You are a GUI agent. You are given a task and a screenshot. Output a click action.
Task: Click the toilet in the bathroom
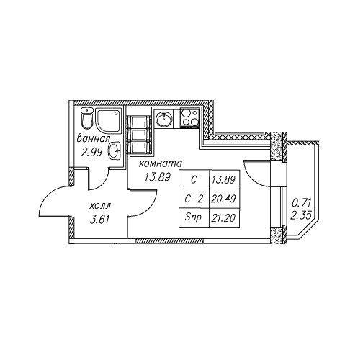click(86, 118)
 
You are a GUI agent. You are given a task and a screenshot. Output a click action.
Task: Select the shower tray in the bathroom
click(109, 120)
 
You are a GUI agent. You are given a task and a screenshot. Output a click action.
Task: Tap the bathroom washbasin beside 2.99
click(115, 150)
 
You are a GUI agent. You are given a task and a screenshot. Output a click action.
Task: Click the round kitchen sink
click(164, 118)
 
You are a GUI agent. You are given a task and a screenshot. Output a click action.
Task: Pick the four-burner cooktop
click(190, 117)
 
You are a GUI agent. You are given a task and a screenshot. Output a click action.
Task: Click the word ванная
click(94, 139)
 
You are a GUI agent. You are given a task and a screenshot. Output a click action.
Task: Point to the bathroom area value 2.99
click(91, 152)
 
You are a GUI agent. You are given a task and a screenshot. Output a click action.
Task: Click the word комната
click(161, 163)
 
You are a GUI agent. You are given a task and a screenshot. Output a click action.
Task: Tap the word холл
click(100, 206)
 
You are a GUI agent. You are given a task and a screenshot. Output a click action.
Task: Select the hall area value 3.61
click(99, 220)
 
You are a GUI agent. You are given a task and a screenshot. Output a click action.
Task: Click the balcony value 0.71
click(301, 203)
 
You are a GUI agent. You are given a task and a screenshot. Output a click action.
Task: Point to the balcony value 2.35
click(301, 215)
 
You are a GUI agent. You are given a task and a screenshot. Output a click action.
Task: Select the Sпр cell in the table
click(194, 217)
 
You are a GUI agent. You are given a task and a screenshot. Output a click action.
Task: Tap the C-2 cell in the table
click(194, 199)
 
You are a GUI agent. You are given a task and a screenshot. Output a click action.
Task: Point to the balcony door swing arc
click(251, 178)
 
